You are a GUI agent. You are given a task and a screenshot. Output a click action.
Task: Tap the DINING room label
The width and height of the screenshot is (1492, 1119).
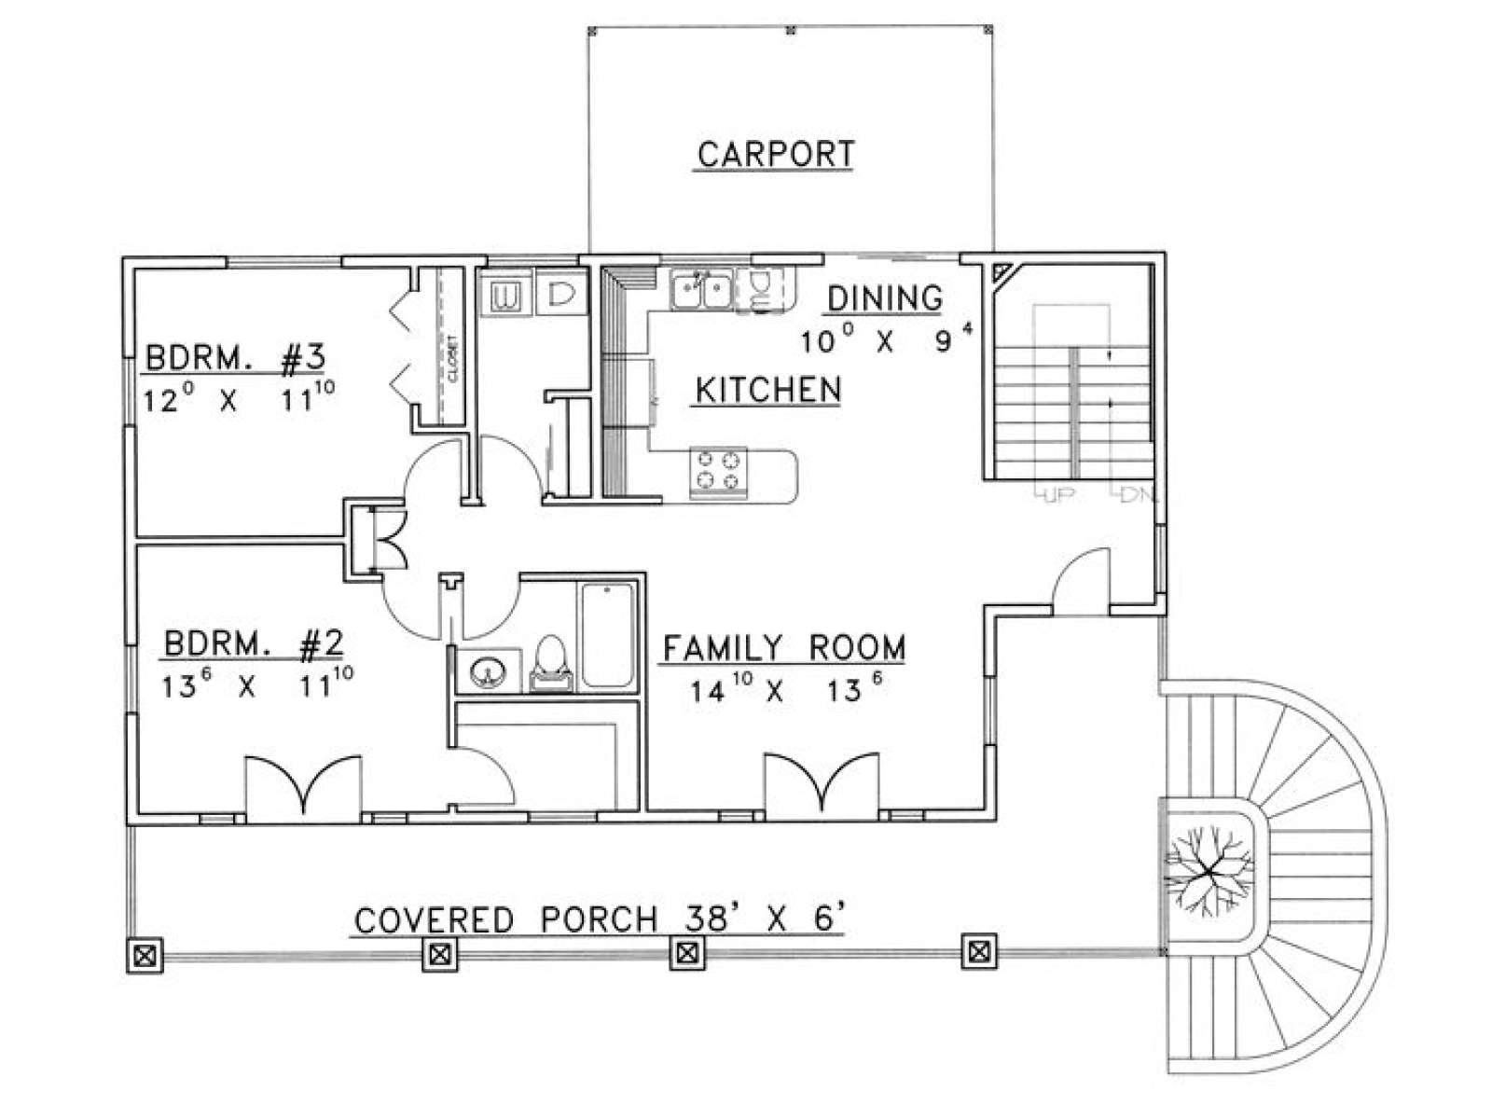point(885,298)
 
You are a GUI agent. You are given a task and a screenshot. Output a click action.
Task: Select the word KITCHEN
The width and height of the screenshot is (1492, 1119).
point(768,390)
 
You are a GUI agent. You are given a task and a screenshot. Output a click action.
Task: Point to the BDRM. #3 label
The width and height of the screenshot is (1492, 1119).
point(236,358)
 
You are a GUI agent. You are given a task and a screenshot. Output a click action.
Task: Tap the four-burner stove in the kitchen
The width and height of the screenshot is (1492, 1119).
point(718,473)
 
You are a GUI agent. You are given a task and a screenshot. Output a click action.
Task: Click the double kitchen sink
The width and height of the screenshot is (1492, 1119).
point(701,290)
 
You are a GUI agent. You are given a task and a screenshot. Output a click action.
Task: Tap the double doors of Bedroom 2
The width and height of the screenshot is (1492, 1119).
point(303,784)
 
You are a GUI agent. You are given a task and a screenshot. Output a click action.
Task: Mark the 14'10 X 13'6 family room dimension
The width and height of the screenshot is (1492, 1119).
point(787,691)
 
